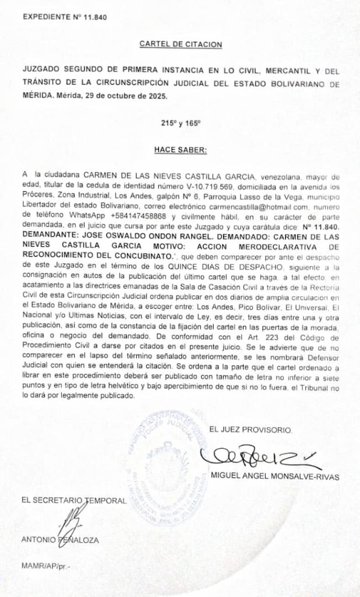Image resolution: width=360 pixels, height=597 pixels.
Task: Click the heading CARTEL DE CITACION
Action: [x=181, y=44]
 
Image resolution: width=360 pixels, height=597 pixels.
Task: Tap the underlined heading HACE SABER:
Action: [x=181, y=150]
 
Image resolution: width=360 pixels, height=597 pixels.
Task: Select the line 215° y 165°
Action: [x=181, y=123]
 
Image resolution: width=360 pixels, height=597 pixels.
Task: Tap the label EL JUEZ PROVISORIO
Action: [x=250, y=430]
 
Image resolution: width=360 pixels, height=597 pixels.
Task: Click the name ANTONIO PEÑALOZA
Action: [x=60, y=540]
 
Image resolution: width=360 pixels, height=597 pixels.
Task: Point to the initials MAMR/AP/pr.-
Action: [x=45, y=566]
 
